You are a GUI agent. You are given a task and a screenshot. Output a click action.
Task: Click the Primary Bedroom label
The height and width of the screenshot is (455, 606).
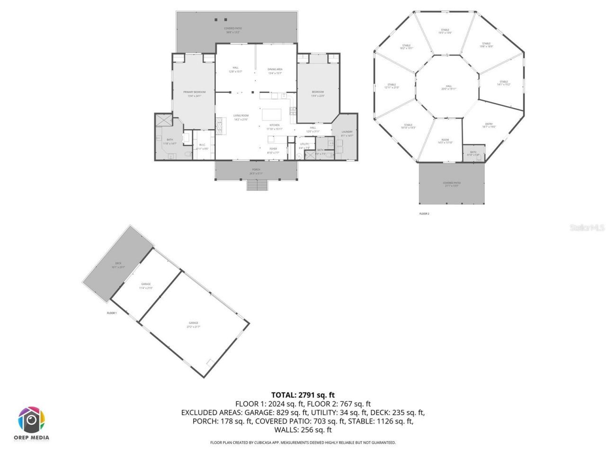[x=195, y=92]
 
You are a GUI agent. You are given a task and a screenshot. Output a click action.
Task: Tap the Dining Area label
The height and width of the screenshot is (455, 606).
[x=275, y=70]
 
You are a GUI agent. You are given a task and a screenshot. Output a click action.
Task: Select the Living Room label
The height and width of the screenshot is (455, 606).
[x=241, y=116]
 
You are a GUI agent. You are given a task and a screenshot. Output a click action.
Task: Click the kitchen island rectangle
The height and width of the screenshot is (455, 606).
[x=272, y=115]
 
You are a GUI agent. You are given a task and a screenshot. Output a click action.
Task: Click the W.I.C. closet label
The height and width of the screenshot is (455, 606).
[x=202, y=145]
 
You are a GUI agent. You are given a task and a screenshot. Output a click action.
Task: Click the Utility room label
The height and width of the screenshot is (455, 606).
[x=304, y=144]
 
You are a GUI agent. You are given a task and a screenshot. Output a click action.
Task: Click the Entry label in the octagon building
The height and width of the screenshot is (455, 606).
[x=489, y=125]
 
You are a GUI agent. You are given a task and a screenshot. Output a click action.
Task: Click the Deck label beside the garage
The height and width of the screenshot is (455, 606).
[x=118, y=264]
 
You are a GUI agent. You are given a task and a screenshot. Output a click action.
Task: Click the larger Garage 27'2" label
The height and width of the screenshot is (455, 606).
[x=193, y=323]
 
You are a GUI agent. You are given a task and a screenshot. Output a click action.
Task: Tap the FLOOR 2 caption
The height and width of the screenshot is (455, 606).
[x=424, y=214]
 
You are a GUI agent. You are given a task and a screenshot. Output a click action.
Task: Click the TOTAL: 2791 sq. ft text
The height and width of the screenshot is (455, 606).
[x=303, y=395]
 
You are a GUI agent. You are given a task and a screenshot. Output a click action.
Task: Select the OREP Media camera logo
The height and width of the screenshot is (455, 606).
[x=31, y=420]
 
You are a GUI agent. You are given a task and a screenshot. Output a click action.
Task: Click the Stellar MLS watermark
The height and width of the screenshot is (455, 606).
[x=587, y=228]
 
